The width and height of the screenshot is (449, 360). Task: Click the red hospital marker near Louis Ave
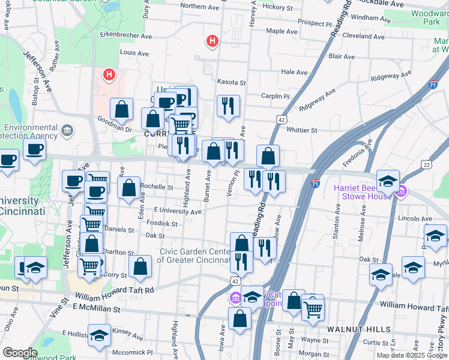point(212,41)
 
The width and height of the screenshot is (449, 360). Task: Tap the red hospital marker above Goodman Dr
point(109,75)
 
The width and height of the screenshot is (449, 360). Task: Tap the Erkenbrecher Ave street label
point(126,36)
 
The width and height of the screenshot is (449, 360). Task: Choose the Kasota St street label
point(232,82)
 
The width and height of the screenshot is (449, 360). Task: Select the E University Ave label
point(178,211)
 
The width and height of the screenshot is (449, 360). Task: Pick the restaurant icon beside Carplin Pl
point(228,106)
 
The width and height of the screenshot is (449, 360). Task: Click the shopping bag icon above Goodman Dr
point(121,109)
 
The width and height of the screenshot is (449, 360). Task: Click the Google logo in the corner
point(20,353)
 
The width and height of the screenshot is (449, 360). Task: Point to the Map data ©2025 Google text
point(412,355)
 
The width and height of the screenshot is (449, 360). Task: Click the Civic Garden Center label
point(196,256)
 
